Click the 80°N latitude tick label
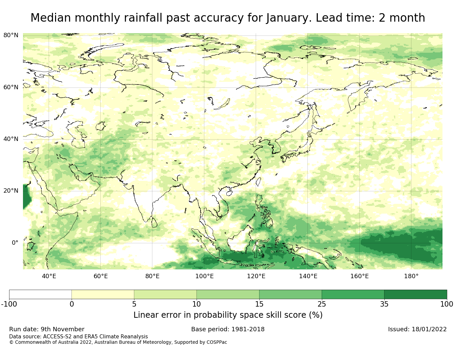tap(11, 35)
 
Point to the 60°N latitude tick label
tap(11, 87)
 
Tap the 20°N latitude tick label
tap(11, 191)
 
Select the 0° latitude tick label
tap(15, 243)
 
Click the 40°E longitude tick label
tap(49, 276)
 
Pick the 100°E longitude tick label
tap(204, 276)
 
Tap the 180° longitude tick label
tap(411, 276)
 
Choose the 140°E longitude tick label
tap(308, 276)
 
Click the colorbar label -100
tap(9, 304)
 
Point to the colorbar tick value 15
tap(259, 304)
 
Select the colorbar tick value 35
tap(384, 304)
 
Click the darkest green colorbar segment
tap(415, 294)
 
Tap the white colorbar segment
tap(40, 294)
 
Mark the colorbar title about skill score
tap(228, 315)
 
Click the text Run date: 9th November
tap(47, 329)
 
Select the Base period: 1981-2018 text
tap(228, 329)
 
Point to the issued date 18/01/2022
tap(429, 329)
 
